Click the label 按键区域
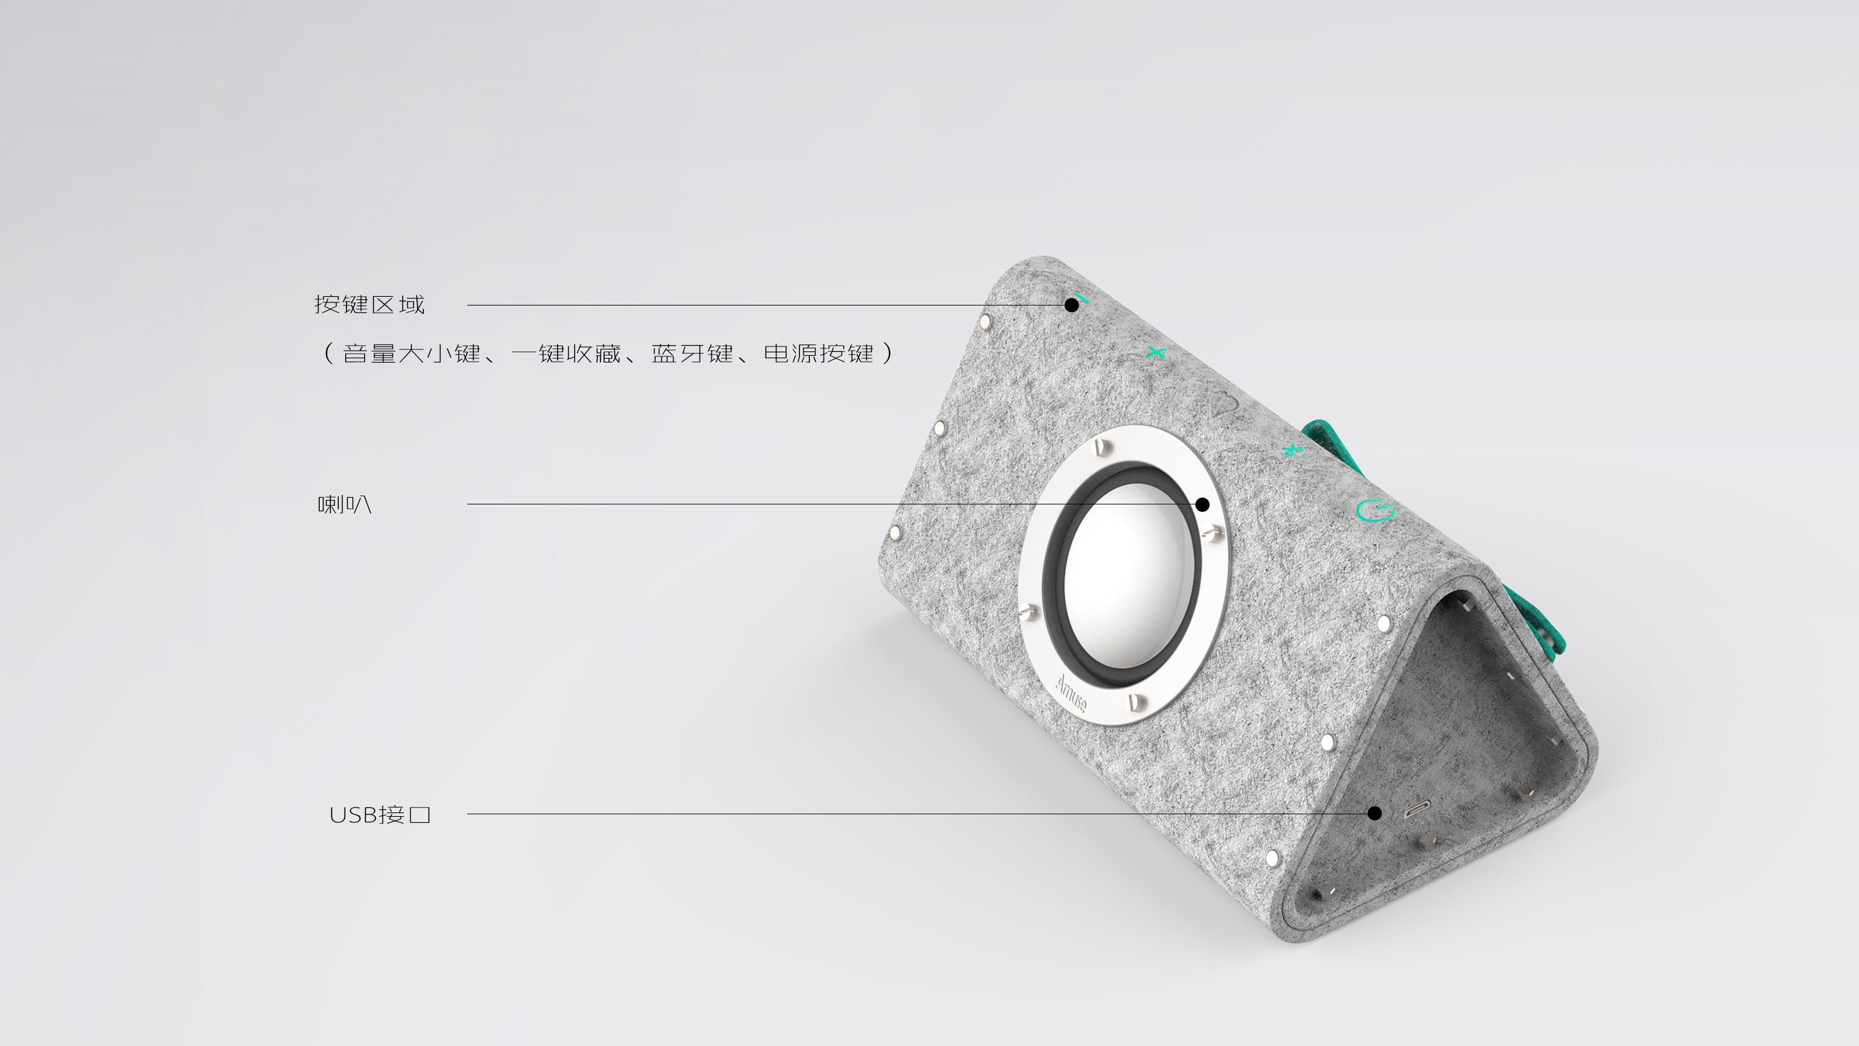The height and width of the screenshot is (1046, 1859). click(x=369, y=305)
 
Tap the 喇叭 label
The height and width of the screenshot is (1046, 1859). click(x=345, y=504)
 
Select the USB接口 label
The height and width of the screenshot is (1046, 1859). click(x=380, y=814)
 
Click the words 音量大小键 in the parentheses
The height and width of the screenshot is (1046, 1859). click(x=411, y=354)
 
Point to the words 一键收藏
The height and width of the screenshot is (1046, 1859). click(x=566, y=354)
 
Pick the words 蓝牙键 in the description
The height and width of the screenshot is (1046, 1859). click(x=692, y=354)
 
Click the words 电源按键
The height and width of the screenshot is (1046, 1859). click(x=819, y=354)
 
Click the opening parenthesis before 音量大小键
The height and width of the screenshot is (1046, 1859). click(x=328, y=354)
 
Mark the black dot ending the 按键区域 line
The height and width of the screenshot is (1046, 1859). click(x=1071, y=305)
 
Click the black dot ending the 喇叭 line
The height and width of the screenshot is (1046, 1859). click(x=1202, y=504)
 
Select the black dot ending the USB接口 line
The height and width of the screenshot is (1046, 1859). click(x=1375, y=814)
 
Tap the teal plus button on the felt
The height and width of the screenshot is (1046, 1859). click(x=1156, y=352)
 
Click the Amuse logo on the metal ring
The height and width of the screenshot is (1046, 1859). click(x=1070, y=693)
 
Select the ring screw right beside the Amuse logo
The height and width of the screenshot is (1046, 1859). click(x=1135, y=700)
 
